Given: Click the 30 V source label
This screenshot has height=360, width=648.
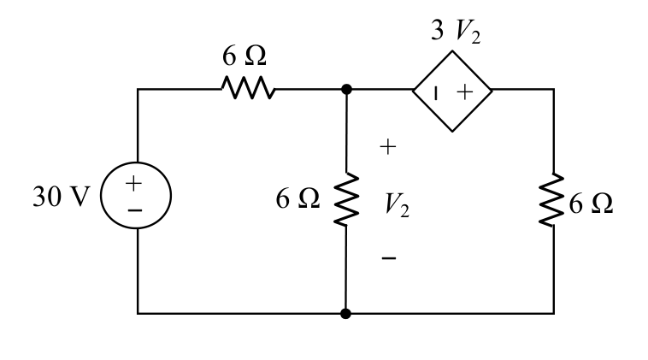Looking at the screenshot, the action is (x=62, y=197).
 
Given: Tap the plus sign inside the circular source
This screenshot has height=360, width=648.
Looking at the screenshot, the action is (x=133, y=183).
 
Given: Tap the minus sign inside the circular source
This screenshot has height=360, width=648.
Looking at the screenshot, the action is (x=135, y=211).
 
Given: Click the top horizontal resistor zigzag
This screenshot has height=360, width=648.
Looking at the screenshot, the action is (x=248, y=87).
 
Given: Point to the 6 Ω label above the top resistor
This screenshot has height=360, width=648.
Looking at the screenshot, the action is (x=244, y=56).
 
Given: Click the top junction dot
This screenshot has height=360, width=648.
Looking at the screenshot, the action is (x=346, y=89).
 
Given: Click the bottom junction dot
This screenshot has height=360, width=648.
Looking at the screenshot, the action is (x=346, y=314).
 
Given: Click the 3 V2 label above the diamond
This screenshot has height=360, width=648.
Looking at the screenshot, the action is (x=456, y=31).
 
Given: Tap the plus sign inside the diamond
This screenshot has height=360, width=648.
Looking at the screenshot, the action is (x=465, y=91).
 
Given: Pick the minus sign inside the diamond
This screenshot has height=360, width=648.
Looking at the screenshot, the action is (x=435, y=93).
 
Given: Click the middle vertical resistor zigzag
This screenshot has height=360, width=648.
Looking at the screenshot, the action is (x=346, y=199).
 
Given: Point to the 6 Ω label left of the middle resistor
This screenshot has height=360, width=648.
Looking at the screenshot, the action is (x=297, y=198).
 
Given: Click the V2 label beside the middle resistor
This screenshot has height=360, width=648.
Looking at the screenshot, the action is (x=397, y=205).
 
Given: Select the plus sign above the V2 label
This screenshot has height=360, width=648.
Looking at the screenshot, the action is (x=387, y=147).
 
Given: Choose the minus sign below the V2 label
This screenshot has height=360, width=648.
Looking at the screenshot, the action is (x=389, y=258).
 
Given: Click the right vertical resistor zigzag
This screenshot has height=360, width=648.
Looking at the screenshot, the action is (x=552, y=199).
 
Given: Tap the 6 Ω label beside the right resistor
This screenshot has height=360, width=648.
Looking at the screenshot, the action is (x=591, y=204).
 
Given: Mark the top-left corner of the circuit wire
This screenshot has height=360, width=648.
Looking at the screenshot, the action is (x=138, y=89).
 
